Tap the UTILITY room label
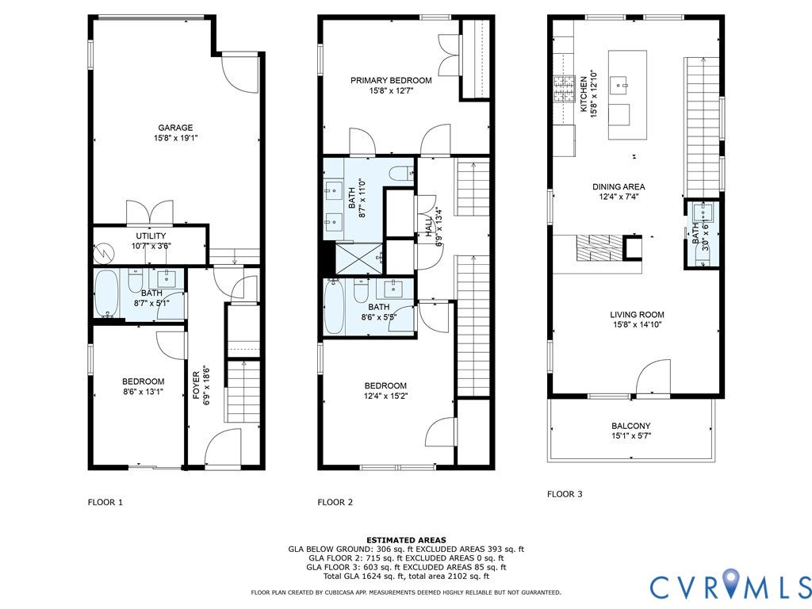click(x=151, y=236)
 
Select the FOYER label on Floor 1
click(x=197, y=385)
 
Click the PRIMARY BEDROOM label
click(x=391, y=80)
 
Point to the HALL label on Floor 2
click(x=429, y=226)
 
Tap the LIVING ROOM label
click(x=637, y=314)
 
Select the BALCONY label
click(x=630, y=426)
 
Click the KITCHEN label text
click(x=584, y=94)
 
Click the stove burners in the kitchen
click(x=564, y=89)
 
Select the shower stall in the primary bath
click(x=359, y=258)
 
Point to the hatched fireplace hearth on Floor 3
click(x=599, y=247)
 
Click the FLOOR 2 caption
click(x=335, y=502)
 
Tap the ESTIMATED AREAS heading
click(x=406, y=539)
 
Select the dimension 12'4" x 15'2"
click(x=386, y=396)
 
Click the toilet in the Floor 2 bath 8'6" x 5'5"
click(x=361, y=291)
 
